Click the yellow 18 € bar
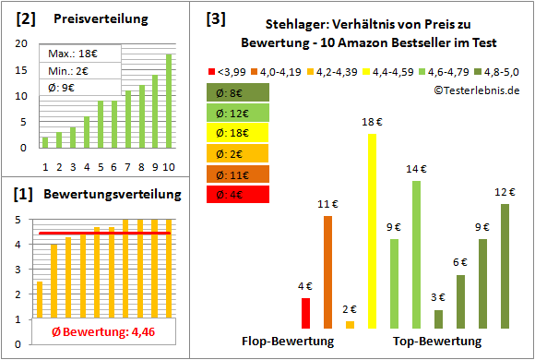[372, 231]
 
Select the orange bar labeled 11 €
[327, 272]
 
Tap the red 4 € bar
[305, 313]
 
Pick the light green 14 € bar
[416, 254]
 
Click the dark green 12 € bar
[505, 266]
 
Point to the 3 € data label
[438, 297]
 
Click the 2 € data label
[350, 309]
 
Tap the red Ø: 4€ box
[238, 195]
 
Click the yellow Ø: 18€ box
[238, 133]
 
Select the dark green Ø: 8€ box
[238, 92]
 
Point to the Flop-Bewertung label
[288, 342]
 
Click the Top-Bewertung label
[437, 342]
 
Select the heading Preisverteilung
[89, 19]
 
